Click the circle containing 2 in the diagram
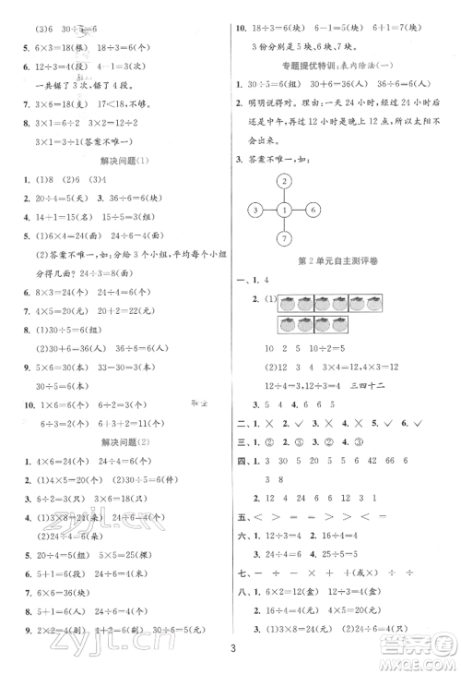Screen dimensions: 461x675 pos(286,181)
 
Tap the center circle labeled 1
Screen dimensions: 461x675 pos(286,211)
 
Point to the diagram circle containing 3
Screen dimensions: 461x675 pos(252,211)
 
